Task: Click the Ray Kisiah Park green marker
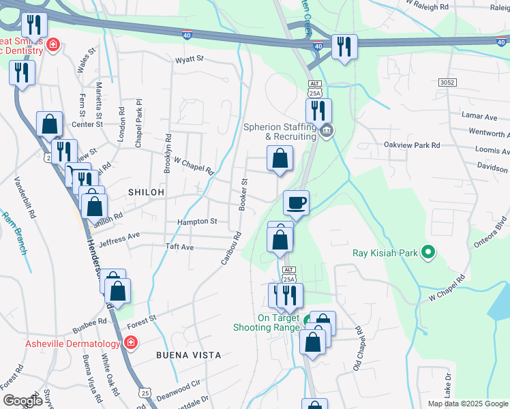click(x=428, y=253)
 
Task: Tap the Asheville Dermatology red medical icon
click(x=130, y=343)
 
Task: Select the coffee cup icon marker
click(x=297, y=202)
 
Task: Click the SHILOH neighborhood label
click(x=147, y=193)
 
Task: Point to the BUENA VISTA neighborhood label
click(x=188, y=355)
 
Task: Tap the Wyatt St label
click(x=190, y=59)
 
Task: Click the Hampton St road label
click(x=196, y=222)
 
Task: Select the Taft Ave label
click(x=181, y=247)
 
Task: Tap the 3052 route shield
click(x=447, y=82)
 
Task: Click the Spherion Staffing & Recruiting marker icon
click(x=326, y=130)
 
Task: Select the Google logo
click(x=22, y=400)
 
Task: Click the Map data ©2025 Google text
click(x=468, y=404)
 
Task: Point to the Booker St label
click(x=243, y=194)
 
